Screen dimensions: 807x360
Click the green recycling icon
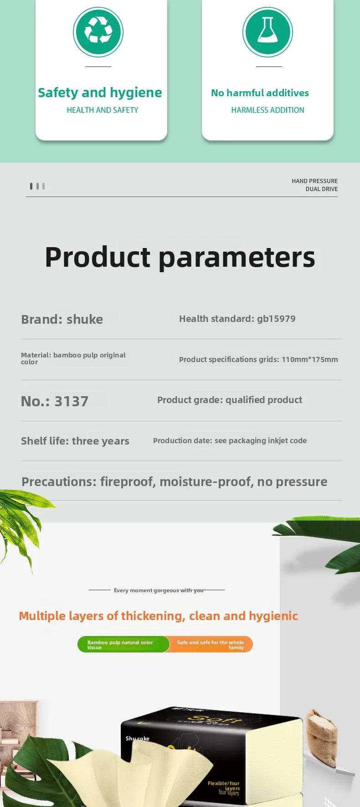pos(98,32)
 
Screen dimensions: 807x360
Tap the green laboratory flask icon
pos(267,32)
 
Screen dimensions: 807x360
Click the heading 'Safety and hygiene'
pos(100,93)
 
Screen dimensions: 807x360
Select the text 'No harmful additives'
pos(260,93)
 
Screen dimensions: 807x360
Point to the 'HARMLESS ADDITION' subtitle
pos(267,110)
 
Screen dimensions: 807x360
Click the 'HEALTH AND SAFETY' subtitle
pos(103,110)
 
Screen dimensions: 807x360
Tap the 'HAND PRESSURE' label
pos(315,181)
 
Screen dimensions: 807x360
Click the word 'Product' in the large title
pos(98,257)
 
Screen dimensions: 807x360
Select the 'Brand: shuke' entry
pos(62,319)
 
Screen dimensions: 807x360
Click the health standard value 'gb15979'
pos(276,319)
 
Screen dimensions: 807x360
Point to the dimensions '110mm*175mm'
pos(310,359)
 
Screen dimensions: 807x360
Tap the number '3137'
pos(72,401)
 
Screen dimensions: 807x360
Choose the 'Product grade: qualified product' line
pos(230,400)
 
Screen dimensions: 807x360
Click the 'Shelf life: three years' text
pos(75,441)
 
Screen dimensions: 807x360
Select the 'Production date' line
pos(230,440)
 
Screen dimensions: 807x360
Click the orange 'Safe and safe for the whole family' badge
pos(210,645)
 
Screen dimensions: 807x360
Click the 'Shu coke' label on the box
pos(138,739)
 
